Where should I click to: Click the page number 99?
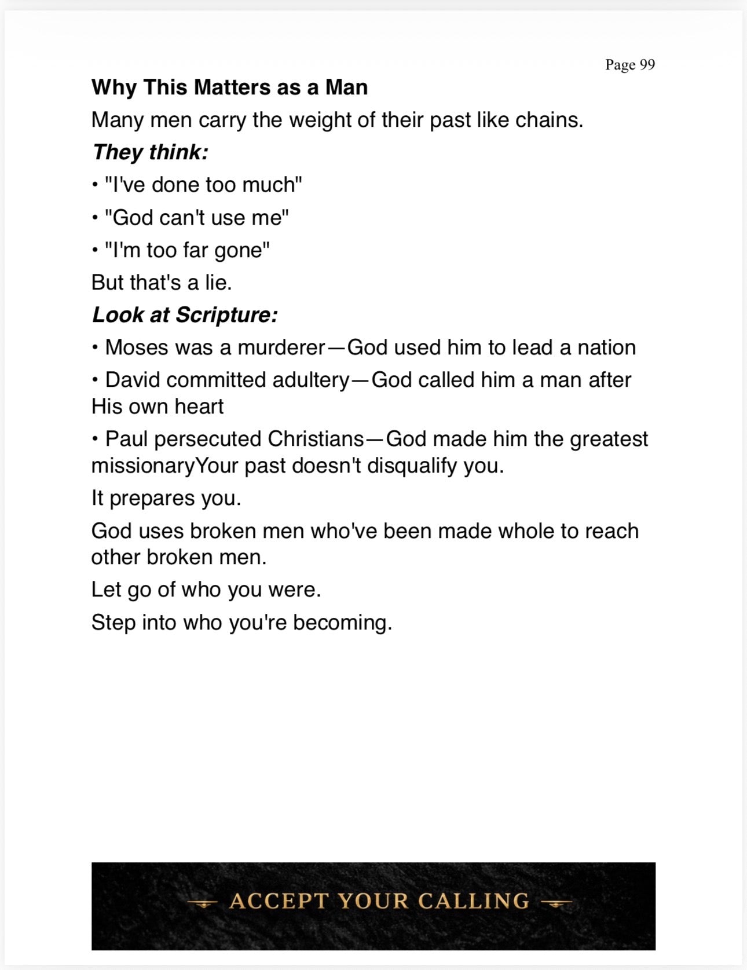point(647,64)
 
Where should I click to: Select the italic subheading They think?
point(150,152)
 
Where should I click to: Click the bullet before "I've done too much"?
point(94,185)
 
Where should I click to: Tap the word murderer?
point(281,347)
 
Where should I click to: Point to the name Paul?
point(127,439)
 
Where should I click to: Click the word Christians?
point(316,439)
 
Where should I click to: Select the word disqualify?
point(412,466)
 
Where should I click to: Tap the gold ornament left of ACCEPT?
point(202,902)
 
